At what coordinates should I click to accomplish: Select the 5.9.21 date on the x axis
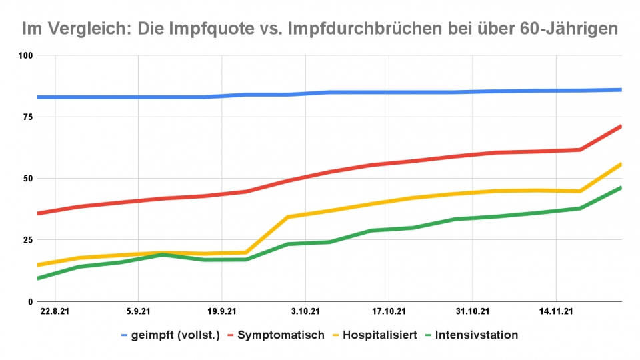(138, 311)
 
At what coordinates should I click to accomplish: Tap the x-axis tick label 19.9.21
(221, 311)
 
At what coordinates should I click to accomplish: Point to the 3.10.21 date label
(305, 311)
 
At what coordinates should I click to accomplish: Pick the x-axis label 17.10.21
(389, 311)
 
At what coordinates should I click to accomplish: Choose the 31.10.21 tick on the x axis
(473, 311)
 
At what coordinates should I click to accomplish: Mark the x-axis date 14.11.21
(556, 311)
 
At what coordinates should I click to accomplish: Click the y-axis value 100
(25, 55)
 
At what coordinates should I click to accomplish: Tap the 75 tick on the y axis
(27, 117)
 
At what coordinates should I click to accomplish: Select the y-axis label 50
(27, 179)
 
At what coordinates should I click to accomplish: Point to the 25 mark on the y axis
(27, 240)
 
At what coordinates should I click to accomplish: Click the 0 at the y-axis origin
(29, 302)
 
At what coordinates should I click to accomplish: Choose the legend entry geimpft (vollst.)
(176, 335)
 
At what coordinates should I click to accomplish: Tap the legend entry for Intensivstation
(475, 335)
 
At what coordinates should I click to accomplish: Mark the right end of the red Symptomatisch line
(621, 126)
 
